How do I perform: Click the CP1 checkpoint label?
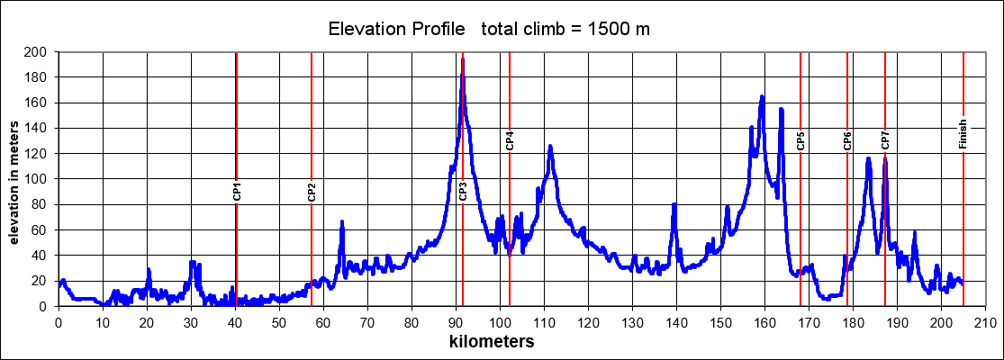[x=237, y=190]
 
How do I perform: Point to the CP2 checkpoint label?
[x=312, y=191]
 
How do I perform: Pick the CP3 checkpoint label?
[x=463, y=191]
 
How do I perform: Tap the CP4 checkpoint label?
[x=510, y=139]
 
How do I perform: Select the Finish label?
[x=963, y=134]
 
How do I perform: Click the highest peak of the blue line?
[x=463, y=59]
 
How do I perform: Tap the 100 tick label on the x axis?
[x=500, y=321]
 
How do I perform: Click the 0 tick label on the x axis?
[x=59, y=321]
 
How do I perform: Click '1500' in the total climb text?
[x=608, y=30]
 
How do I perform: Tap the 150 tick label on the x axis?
[x=720, y=321]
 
